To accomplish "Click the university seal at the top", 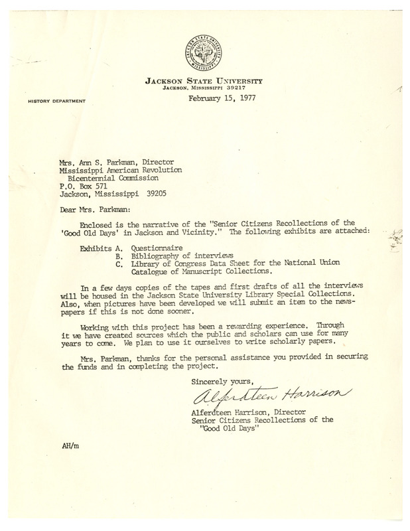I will [205, 54].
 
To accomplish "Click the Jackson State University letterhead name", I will [204, 81].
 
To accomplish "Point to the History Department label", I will [56, 102].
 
